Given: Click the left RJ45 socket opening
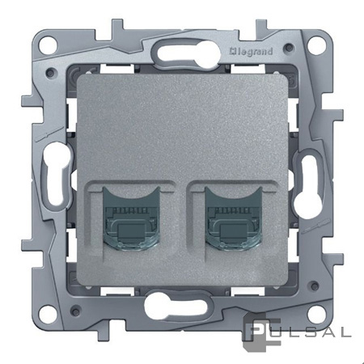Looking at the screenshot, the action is click(131, 218).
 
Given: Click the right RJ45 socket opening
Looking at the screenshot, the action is click(233, 218).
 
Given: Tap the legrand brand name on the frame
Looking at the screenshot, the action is click(251, 51).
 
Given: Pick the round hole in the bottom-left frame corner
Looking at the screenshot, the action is click(49, 312).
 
